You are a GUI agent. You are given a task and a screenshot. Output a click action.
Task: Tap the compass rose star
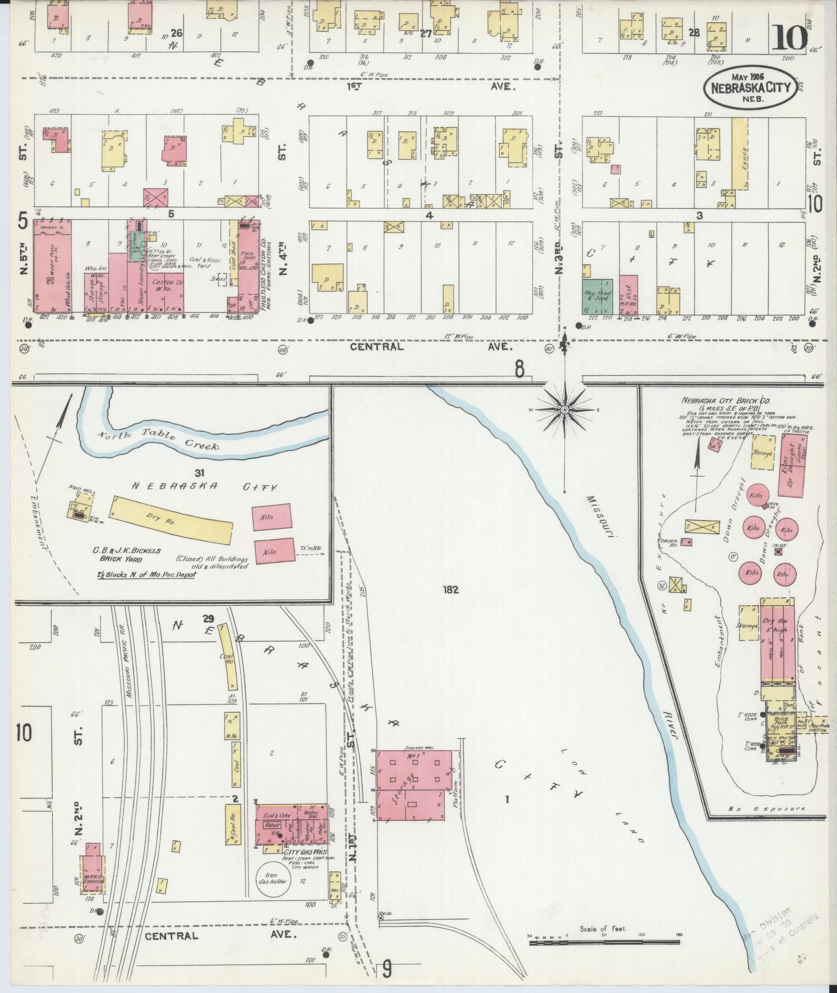coord(564,410)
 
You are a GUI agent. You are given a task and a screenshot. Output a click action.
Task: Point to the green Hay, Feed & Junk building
coord(597,296)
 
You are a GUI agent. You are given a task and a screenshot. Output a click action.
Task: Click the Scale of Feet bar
coord(605,942)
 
